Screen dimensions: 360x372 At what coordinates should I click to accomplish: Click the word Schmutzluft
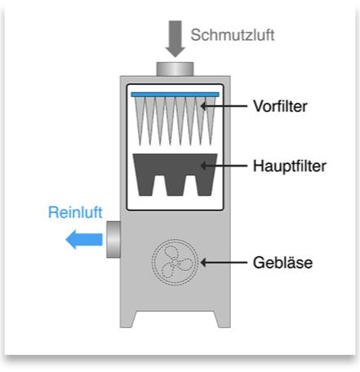coord(233,35)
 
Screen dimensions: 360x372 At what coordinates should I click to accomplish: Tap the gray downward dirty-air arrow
coord(176,39)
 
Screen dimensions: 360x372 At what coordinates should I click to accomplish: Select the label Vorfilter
coord(280,106)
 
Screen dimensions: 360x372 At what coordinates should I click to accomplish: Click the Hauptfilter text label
coord(290,166)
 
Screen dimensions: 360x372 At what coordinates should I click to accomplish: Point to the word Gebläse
coord(282,263)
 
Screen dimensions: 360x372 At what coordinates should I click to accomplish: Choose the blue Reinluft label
coord(75,212)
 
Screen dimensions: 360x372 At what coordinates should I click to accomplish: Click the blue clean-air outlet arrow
coord(84,240)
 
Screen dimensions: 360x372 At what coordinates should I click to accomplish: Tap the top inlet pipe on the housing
coord(175,69)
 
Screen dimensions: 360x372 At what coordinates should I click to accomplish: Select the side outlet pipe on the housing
coord(113,240)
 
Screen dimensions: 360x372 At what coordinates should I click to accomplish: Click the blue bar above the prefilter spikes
coord(175,95)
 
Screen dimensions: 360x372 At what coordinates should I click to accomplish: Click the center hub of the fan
coord(175,263)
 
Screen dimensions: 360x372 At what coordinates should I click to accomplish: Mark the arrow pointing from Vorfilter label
coord(224,106)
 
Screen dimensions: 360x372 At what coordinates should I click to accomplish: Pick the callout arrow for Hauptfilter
coord(224,166)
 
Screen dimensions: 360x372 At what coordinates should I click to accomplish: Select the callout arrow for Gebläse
coord(224,263)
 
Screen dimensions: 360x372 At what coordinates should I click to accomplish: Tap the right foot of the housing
coord(223,320)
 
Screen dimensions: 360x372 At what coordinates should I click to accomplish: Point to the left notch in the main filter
coord(159,185)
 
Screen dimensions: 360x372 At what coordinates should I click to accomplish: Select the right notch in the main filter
coord(190,185)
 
